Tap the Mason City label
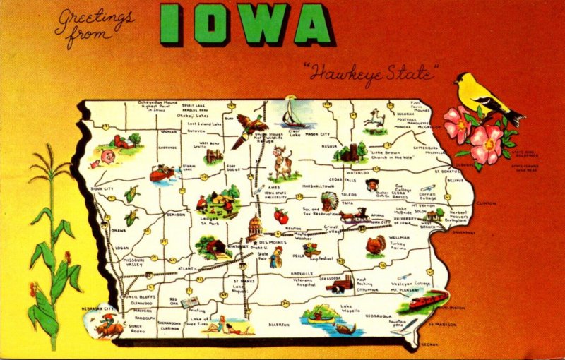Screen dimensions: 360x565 316,134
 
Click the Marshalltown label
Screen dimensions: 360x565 321,186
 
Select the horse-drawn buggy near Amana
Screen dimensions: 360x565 354,215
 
